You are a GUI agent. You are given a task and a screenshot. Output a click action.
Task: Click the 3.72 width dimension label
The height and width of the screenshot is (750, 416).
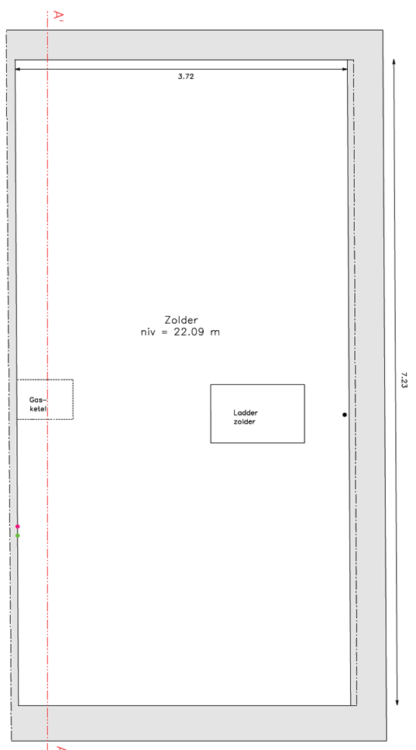pyautogui.click(x=186, y=77)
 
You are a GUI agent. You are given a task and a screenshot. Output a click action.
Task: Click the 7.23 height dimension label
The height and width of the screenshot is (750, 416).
pyautogui.click(x=404, y=380)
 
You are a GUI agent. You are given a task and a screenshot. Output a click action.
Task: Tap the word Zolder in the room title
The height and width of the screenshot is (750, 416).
pyautogui.click(x=181, y=320)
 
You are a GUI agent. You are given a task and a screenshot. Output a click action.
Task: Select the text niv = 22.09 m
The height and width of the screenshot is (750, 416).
pyautogui.click(x=180, y=332)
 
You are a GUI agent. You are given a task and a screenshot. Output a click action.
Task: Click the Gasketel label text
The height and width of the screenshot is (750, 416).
pyautogui.click(x=40, y=404)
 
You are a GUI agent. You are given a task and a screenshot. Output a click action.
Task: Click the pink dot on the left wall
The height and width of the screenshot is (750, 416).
pyautogui.click(x=18, y=527)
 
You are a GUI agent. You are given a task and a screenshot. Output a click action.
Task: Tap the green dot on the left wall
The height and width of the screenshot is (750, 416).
pyautogui.click(x=18, y=535)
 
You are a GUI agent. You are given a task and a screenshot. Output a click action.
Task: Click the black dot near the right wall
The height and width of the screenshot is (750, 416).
pyautogui.click(x=344, y=415)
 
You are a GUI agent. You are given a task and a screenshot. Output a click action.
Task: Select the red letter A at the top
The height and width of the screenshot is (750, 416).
pyautogui.click(x=59, y=16)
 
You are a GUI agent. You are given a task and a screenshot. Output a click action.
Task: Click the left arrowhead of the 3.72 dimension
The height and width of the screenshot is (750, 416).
pyautogui.click(x=19, y=70)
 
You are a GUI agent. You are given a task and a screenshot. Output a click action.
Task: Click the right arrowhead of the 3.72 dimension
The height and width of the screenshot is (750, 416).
pyautogui.click(x=344, y=70)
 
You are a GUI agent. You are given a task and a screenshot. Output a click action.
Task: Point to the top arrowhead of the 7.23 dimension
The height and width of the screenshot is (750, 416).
pyautogui.click(x=394, y=63)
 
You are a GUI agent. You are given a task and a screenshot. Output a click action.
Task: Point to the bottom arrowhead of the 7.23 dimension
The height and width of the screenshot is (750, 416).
pyautogui.click(x=397, y=702)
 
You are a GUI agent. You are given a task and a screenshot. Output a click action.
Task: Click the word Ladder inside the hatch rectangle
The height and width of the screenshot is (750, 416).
pyautogui.click(x=246, y=413)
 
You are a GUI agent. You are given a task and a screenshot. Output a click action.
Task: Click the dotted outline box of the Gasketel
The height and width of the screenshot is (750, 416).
pyautogui.click(x=73, y=399)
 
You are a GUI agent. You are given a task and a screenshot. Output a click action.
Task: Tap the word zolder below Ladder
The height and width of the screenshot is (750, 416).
pyautogui.click(x=244, y=421)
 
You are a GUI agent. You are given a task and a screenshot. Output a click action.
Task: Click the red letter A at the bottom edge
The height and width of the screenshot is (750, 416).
pyautogui.click(x=60, y=747)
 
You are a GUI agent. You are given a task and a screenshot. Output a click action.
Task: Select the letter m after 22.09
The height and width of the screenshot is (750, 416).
pyautogui.click(x=215, y=333)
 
